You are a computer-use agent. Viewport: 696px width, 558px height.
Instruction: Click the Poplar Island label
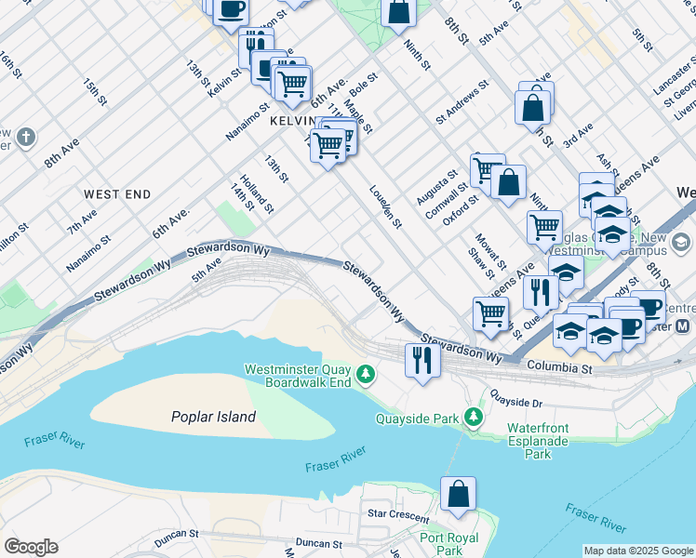pyautogui.click(x=213, y=417)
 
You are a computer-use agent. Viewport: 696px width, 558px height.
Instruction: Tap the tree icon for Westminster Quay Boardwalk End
pyautogui.click(x=368, y=375)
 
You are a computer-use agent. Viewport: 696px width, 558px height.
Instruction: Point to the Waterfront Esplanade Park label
pyautogui.click(x=543, y=440)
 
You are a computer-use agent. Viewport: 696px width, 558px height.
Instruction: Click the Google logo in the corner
pyautogui.click(x=31, y=546)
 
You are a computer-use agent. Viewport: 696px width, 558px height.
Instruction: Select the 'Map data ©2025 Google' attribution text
pyautogui.click(x=637, y=551)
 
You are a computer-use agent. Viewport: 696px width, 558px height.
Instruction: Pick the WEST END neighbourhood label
pyautogui.click(x=117, y=194)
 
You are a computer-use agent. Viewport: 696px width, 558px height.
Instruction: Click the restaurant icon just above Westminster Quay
pyautogui.click(x=422, y=359)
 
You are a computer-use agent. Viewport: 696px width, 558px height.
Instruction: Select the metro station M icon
pyautogui.click(x=683, y=326)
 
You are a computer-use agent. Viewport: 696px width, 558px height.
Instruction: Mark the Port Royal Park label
pyautogui.click(x=448, y=544)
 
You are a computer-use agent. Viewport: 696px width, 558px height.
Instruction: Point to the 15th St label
pyautogui.click(x=95, y=94)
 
